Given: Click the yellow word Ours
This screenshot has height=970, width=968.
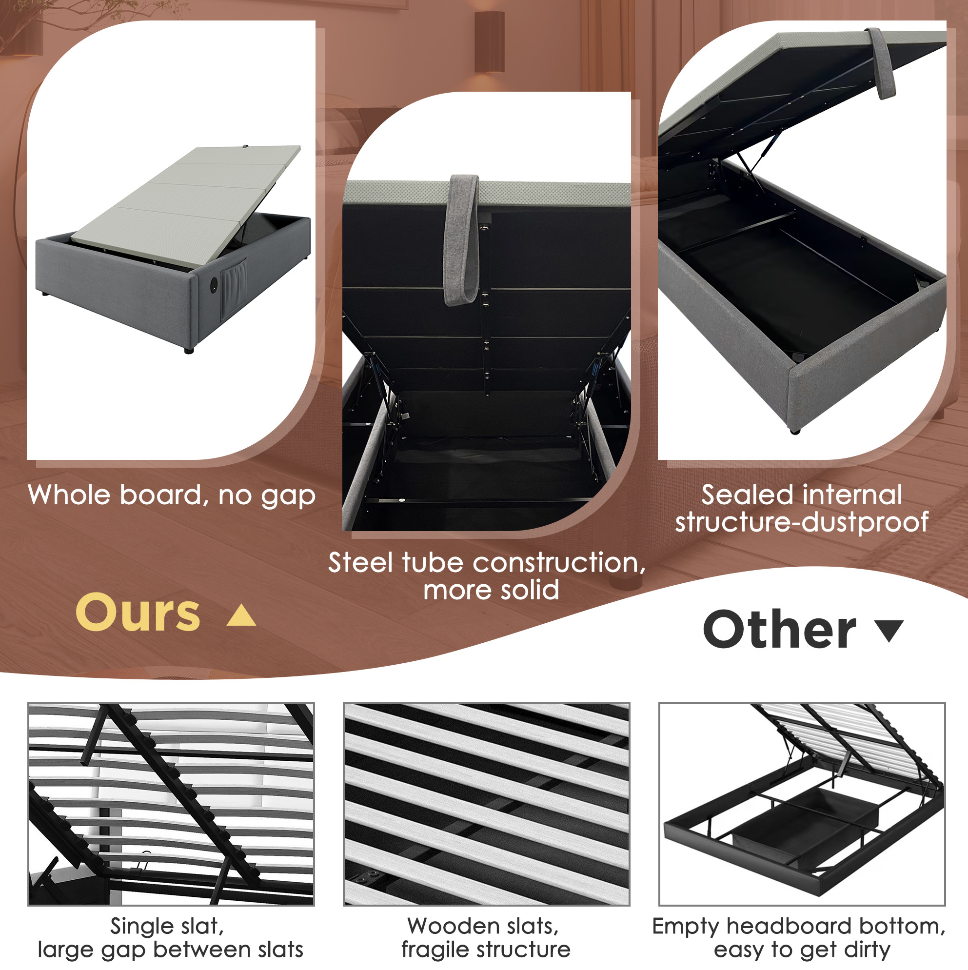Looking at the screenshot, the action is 138,613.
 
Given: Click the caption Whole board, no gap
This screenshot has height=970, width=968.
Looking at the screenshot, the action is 172,496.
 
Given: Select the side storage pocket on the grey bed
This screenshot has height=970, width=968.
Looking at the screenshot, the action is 235,286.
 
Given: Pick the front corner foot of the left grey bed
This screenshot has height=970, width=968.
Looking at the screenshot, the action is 189,351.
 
